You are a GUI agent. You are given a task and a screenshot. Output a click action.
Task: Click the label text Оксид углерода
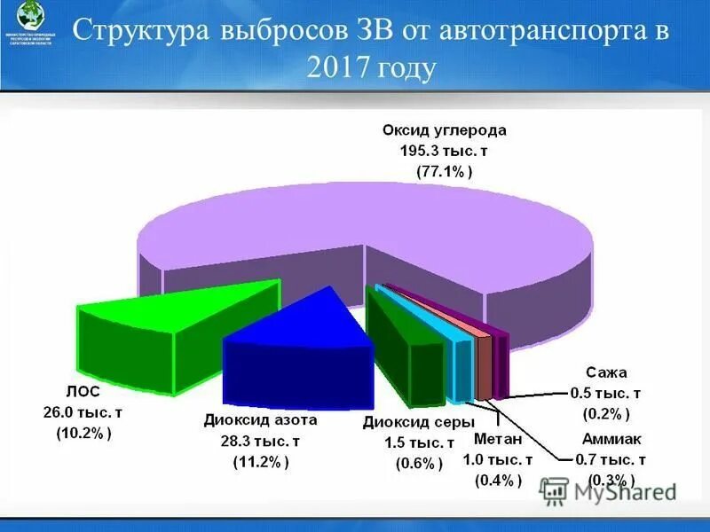[444, 129]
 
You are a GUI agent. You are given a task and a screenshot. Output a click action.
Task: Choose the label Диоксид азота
[260, 419]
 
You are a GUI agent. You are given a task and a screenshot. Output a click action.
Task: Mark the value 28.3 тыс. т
[260, 441]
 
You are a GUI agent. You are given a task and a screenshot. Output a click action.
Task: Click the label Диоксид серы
[418, 422]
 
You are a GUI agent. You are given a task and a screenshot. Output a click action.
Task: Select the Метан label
[498, 438]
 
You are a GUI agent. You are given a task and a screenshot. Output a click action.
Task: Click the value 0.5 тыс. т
[607, 393]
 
